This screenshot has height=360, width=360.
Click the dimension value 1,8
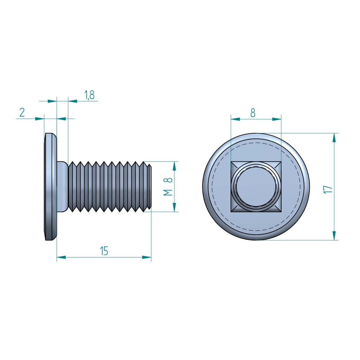point(89,95)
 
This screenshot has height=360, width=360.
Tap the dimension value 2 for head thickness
point(22,112)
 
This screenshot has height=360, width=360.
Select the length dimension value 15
point(104,251)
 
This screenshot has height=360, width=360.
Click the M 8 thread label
point(168,186)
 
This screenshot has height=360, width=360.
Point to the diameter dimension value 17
point(328,189)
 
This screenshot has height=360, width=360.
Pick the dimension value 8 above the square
point(253,113)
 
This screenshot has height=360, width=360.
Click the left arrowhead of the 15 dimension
point(61,257)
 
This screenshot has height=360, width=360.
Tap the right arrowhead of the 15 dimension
point(147,257)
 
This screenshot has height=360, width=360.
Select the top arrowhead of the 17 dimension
point(334,138)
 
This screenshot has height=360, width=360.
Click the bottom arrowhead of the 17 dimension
point(334,236)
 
